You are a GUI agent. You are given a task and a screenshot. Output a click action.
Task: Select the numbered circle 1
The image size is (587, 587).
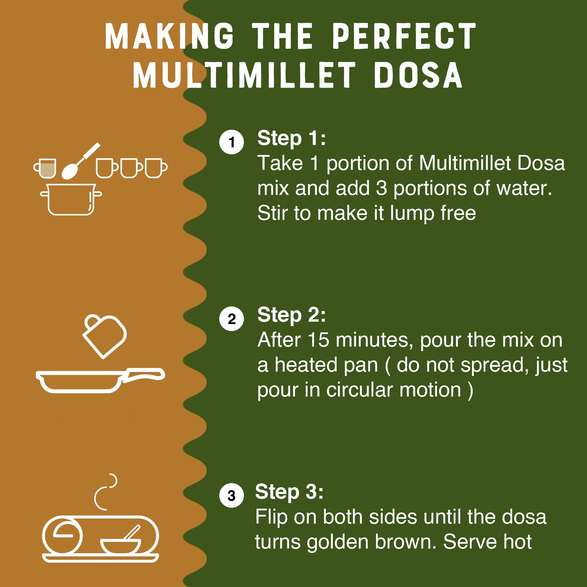[232, 142]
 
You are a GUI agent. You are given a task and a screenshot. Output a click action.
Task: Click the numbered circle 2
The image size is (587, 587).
[232, 318]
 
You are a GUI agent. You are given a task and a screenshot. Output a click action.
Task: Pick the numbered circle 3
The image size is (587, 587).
[232, 495]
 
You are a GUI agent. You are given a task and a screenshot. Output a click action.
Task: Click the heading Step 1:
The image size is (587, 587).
[291, 138]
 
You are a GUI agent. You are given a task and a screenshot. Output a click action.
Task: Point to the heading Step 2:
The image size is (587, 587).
[291, 315]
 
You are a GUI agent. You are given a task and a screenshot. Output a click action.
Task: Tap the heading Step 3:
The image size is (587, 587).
[289, 492]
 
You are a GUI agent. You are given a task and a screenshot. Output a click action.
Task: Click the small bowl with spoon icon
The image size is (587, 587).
[121, 545]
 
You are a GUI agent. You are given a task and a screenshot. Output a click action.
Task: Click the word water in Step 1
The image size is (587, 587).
[524, 188]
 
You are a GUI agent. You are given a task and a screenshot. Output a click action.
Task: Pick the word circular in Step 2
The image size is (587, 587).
[360, 390]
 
